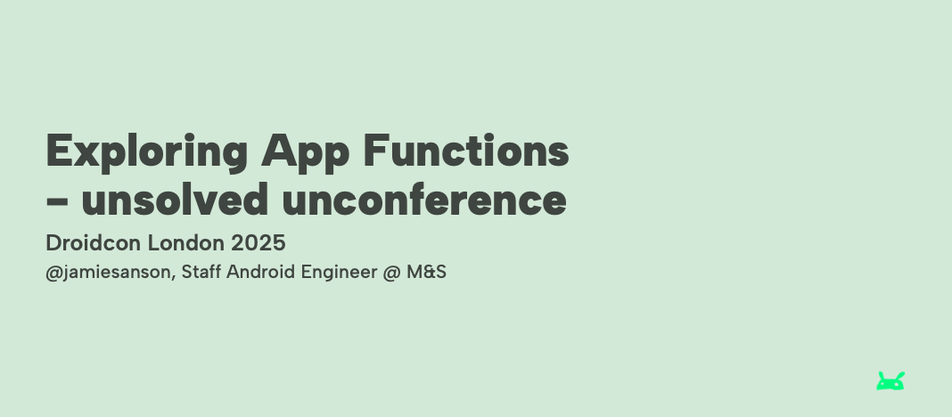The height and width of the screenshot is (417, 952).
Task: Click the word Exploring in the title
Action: point(146,152)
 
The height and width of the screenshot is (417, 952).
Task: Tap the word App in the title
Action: point(305,152)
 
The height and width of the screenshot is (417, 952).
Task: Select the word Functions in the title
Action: point(465,150)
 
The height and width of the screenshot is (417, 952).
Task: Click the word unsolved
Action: point(174,199)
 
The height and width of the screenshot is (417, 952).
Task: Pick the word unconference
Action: point(424,199)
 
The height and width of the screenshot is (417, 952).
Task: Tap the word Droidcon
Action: point(94,242)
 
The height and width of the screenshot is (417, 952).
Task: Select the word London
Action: point(185,242)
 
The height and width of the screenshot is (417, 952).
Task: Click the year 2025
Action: point(258,242)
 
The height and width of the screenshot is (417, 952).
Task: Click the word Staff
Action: point(201,272)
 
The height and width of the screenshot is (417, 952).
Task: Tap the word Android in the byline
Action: point(261,272)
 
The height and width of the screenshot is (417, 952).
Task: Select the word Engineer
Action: point(339,273)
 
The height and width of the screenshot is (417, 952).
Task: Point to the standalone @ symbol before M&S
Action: point(391,273)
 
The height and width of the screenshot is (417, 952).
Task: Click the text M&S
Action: point(426,272)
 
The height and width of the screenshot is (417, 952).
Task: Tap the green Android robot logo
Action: point(890,381)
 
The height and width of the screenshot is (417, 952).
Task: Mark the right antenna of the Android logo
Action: point(900,375)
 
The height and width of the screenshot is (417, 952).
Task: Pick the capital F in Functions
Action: point(376,150)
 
